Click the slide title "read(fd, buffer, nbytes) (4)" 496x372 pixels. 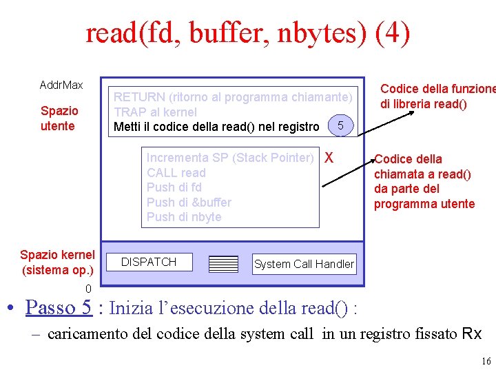pyautogui.click(x=247, y=33)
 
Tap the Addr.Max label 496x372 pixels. pyautogui.click(x=61, y=85)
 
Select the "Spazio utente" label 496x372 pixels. pyautogui.click(x=59, y=118)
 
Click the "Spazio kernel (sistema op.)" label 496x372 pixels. pyautogui.click(x=57, y=262)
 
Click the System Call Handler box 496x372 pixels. pyautogui.click(x=304, y=264)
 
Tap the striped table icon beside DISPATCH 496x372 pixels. pyautogui.click(x=223, y=263)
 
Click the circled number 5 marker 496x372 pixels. pyautogui.click(x=341, y=125)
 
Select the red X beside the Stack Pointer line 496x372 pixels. pyautogui.click(x=329, y=157)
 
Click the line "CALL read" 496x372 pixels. pyautogui.click(x=176, y=173)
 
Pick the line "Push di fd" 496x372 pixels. pyautogui.click(x=174, y=187)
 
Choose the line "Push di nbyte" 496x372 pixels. pyautogui.click(x=184, y=217)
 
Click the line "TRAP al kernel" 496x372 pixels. pyautogui.click(x=155, y=112)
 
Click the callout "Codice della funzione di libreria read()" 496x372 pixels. pyautogui.click(x=437, y=96)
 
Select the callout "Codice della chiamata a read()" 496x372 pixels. pyautogui.click(x=424, y=181)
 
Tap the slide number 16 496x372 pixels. pyautogui.click(x=486, y=362)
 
